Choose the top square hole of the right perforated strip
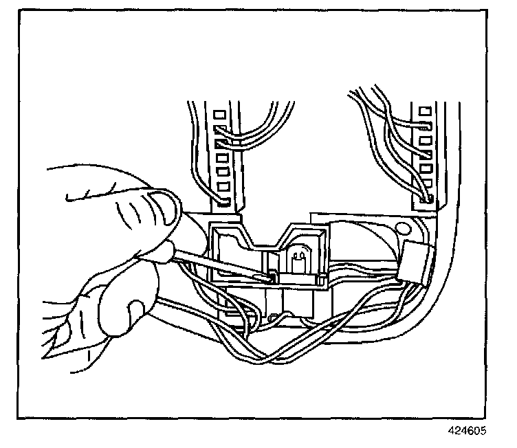424,109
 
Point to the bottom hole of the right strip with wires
428,200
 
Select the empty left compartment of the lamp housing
234,254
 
